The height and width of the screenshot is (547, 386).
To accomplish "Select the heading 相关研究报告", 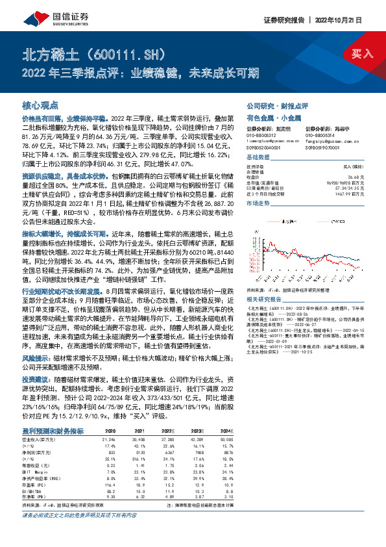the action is point(266,281).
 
